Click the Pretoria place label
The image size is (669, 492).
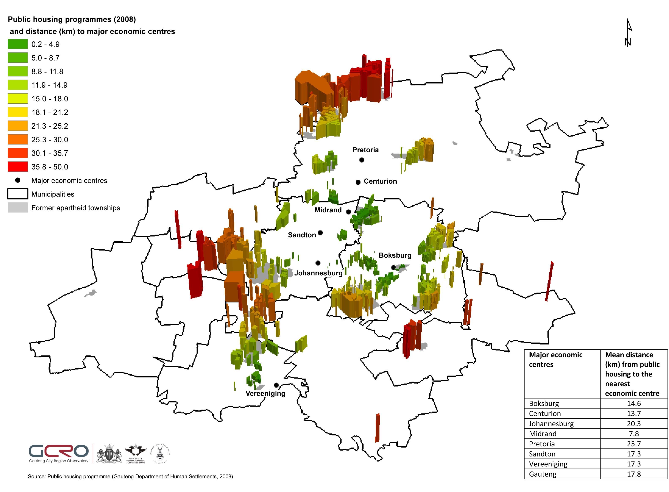coord(365,150)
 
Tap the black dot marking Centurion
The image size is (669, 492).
coord(358,182)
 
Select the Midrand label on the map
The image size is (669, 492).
coord(328,210)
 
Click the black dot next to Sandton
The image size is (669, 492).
coord(320,233)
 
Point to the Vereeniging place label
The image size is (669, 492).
coord(265,393)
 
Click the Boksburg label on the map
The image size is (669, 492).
coord(395,255)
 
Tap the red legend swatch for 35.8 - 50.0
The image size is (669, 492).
coord(18,167)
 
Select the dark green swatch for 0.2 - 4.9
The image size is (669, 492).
coord(18,44)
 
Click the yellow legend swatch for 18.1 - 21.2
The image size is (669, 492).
coord(18,112)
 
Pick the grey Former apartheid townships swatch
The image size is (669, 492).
coord(18,208)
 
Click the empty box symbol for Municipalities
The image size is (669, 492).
coord(18,194)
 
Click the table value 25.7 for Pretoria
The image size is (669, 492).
coord(633,444)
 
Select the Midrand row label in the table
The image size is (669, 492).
coord(543,434)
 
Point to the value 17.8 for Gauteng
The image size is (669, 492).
coord(633,474)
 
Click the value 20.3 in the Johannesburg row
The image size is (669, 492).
coord(633,423)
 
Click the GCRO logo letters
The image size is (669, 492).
coord(59,451)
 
